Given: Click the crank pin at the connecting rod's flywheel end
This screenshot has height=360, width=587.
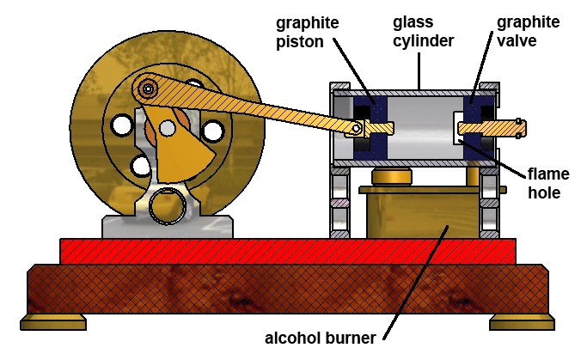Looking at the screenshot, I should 150,88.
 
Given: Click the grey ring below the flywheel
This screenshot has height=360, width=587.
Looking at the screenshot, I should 166,205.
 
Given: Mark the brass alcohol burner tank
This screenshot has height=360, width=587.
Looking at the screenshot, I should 420,215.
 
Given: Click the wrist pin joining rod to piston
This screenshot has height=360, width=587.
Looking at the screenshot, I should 355,129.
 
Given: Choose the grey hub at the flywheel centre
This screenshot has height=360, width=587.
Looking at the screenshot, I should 168,128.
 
